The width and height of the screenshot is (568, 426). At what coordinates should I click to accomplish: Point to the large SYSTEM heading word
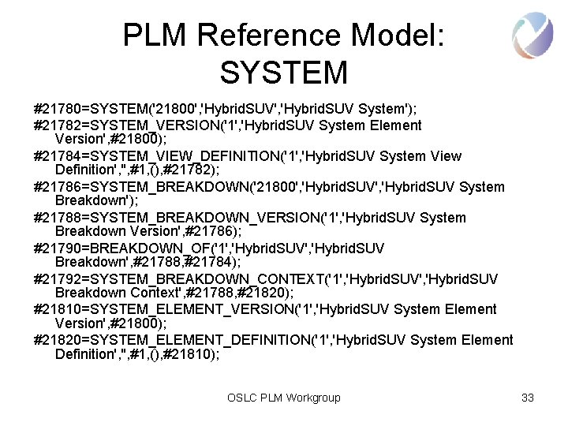[283, 73]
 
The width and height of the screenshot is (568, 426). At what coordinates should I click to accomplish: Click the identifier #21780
[59, 106]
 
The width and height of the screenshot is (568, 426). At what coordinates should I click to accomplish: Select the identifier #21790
[59, 248]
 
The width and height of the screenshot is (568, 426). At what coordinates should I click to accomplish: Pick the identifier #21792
[59, 279]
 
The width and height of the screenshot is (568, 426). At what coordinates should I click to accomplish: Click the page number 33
[528, 398]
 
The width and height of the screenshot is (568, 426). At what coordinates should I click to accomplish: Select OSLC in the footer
[241, 398]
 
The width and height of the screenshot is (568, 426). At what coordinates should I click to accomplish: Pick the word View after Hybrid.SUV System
[447, 156]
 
